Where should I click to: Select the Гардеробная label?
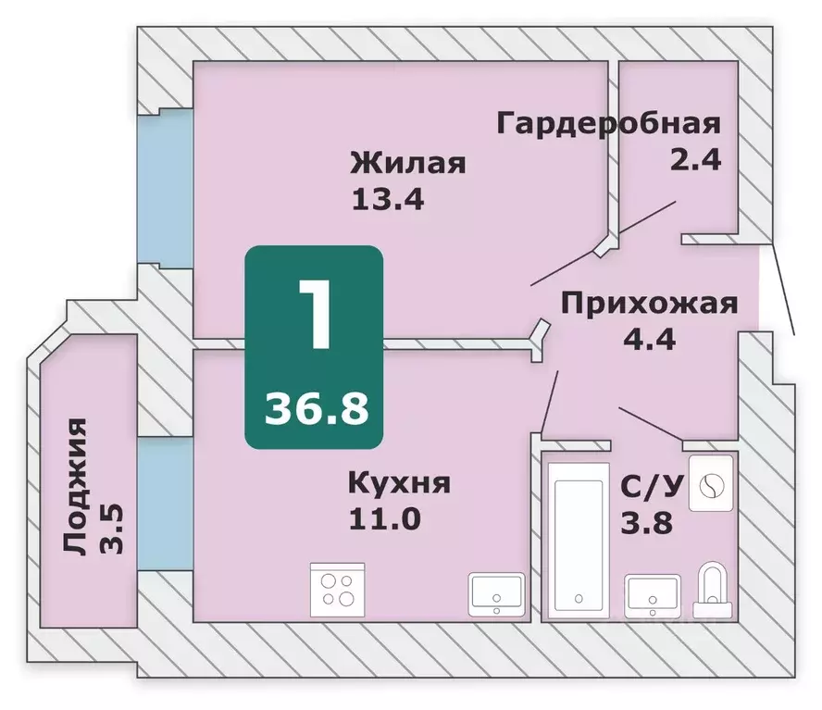click(x=608, y=123)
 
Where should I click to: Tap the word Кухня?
click(x=399, y=482)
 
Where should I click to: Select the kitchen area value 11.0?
click(x=384, y=517)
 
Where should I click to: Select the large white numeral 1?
click(x=314, y=314)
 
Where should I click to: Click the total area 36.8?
click(x=314, y=406)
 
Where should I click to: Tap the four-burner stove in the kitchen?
click(x=337, y=590)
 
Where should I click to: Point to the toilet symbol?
click(x=712, y=586)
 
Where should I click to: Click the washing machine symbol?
click(x=712, y=482)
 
